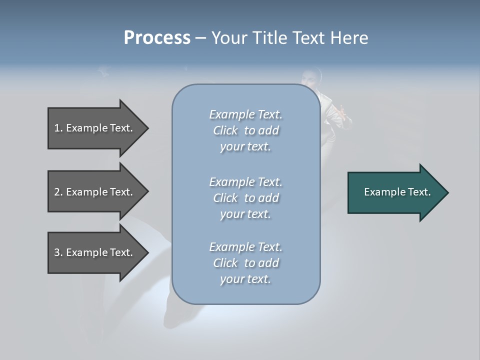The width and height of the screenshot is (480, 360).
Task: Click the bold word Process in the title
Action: click(x=157, y=38)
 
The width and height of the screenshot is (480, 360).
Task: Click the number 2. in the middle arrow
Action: click(x=58, y=192)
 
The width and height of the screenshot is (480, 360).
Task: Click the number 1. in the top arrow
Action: click(x=58, y=128)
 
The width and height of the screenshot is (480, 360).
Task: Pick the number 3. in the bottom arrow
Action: click(x=58, y=252)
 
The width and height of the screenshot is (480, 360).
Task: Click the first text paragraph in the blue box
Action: click(x=245, y=130)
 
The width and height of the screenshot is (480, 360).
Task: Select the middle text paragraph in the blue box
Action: click(x=245, y=197)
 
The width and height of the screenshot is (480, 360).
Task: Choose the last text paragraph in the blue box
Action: click(x=245, y=263)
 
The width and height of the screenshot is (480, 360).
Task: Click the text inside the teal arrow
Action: click(x=397, y=192)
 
